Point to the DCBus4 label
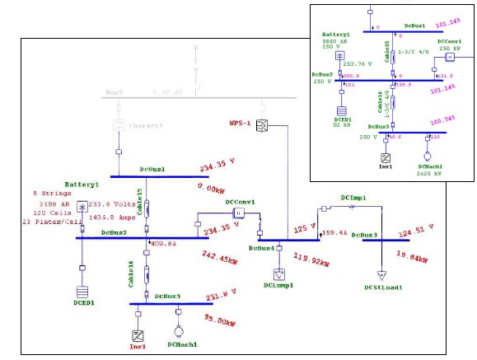(x=262, y=247)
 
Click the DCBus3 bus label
(x=364, y=235)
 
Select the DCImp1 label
(x=353, y=198)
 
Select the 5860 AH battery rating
(x=335, y=41)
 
